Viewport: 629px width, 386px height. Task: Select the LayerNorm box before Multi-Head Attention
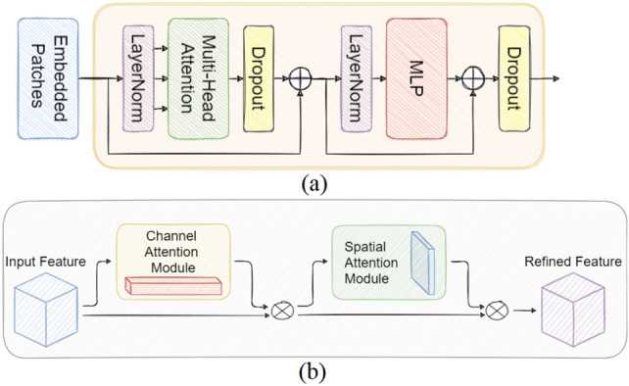click(x=136, y=78)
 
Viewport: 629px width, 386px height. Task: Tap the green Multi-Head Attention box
click(x=197, y=78)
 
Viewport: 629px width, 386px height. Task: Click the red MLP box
click(x=418, y=78)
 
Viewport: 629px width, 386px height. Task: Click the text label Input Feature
click(x=45, y=263)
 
